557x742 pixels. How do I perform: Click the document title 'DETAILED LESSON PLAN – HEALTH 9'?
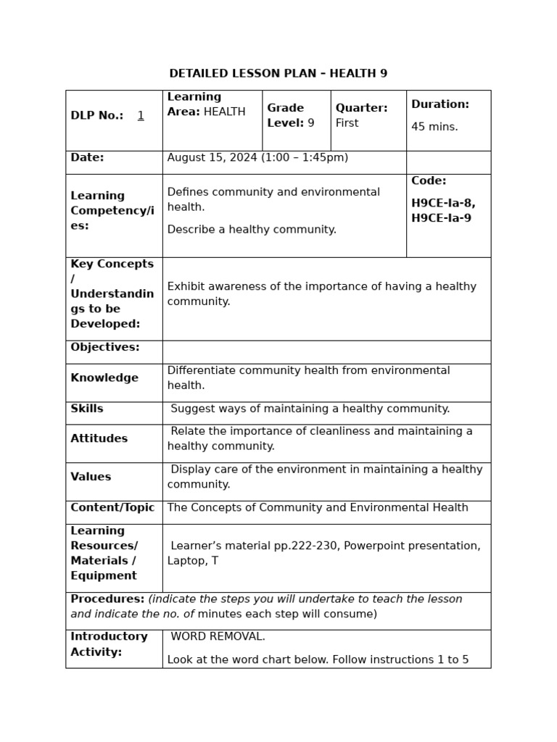278,74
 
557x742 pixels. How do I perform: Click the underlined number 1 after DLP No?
141,115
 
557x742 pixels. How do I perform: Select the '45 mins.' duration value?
434,127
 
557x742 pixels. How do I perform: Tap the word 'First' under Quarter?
347,123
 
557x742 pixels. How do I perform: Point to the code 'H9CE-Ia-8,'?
443,204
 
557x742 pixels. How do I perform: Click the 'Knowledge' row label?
104,378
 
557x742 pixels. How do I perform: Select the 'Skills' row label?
87,409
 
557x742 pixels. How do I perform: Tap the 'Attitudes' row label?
99,439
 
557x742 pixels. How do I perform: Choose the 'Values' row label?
91,478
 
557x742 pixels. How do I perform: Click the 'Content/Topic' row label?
112,508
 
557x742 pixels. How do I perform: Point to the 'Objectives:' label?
105,348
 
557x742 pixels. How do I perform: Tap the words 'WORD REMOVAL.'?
218,637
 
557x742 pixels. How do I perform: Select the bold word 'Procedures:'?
107,599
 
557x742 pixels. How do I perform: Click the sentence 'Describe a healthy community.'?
252,230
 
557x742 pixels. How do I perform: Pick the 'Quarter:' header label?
361,108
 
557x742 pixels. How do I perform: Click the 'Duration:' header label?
440,104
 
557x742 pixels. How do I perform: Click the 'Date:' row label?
87,158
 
